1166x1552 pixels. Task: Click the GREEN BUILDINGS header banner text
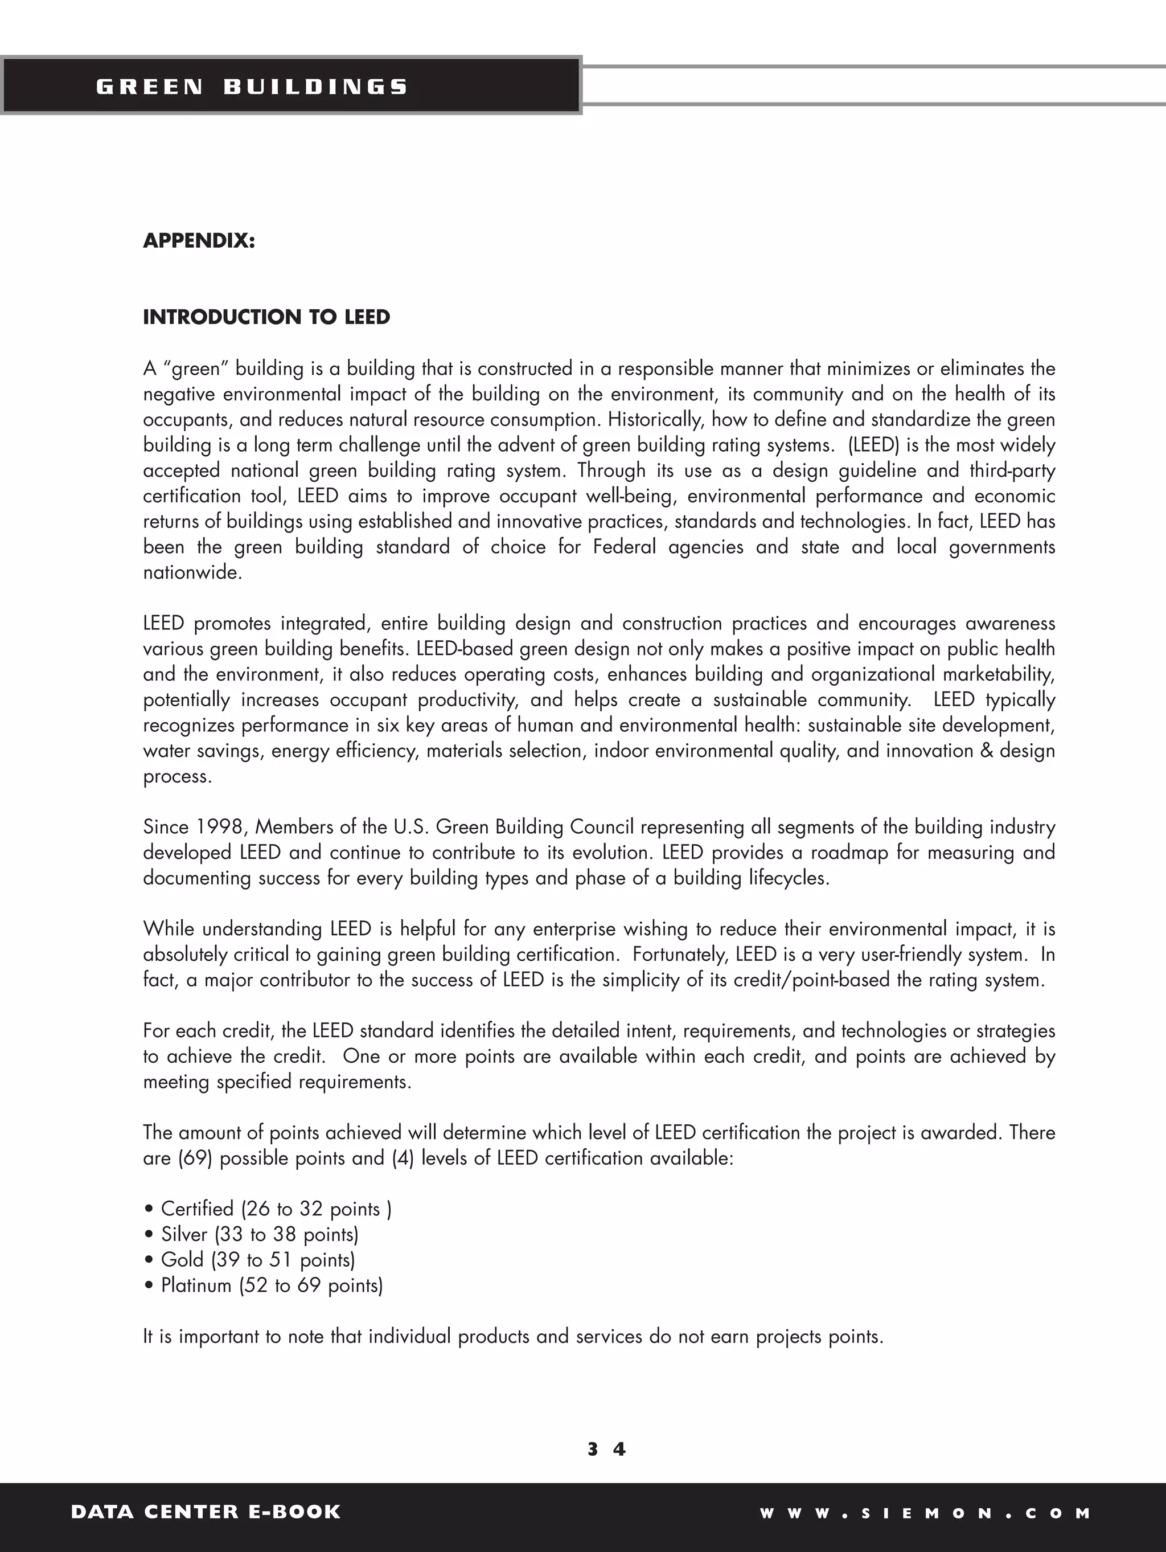[x=251, y=87]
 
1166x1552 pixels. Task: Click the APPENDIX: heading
[x=199, y=241]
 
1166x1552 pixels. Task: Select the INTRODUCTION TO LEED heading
[x=266, y=317]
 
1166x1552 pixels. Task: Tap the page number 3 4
[x=606, y=1449]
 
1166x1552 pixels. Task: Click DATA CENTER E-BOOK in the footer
[x=206, y=1512]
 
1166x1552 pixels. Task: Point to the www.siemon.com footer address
[x=925, y=1513]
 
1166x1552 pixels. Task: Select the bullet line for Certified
[x=267, y=1209]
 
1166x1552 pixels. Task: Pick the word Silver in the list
[x=184, y=1234]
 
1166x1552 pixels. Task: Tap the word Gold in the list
[x=182, y=1259]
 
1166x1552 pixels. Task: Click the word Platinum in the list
[x=196, y=1285]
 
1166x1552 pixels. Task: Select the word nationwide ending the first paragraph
[x=192, y=572]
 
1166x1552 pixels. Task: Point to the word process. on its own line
[x=177, y=777]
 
